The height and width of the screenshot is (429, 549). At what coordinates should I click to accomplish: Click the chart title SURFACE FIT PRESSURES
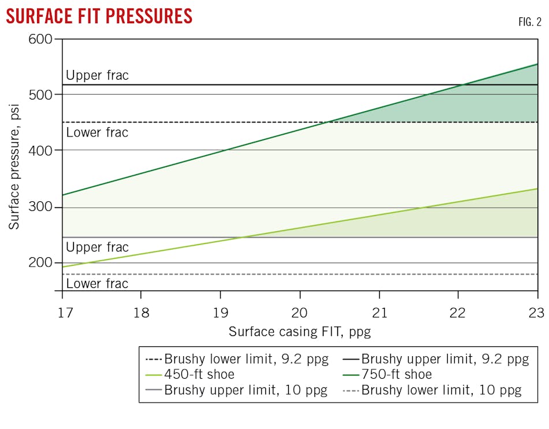pyautogui.click(x=99, y=16)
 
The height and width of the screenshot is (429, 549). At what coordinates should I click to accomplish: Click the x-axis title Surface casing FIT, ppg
pyautogui.click(x=299, y=331)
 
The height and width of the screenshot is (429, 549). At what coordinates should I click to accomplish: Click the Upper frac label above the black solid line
pyautogui.click(x=97, y=75)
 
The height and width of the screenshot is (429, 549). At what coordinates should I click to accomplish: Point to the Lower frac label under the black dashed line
pyautogui.click(x=97, y=132)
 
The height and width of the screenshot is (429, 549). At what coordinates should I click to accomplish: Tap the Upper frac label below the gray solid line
pyautogui.click(x=97, y=247)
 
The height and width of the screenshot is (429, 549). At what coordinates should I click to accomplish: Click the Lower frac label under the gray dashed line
pyautogui.click(x=97, y=284)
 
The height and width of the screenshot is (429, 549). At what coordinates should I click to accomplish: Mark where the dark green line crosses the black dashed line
pyautogui.click(x=327, y=122)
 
